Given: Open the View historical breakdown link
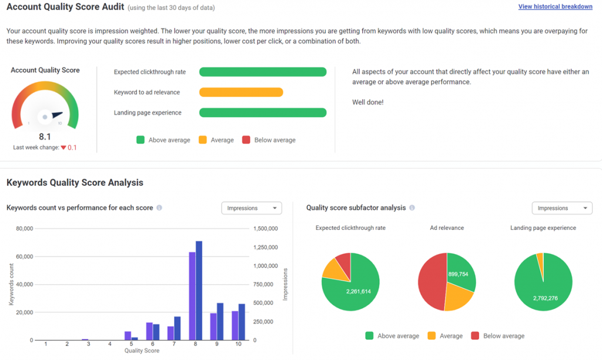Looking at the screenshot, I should click(x=555, y=7).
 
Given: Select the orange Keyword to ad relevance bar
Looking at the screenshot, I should click(x=241, y=92).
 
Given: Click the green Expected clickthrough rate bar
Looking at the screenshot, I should click(x=263, y=72).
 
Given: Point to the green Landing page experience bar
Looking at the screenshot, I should click(x=263, y=113).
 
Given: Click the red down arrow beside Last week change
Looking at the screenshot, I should click(x=63, y=148).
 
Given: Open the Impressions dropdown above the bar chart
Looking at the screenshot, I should click(x=251, y=208).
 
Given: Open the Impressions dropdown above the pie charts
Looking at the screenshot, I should click(x=561, y=208).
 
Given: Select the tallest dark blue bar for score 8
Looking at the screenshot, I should click(x=199, y=291).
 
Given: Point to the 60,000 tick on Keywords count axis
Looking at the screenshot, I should click(x=22, y=256).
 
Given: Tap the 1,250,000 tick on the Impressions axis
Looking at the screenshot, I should click(x=265, y=247).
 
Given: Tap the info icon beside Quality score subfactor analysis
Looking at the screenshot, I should click(x=412, y=208).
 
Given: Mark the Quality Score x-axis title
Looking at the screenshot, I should click(x=142, y=351).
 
